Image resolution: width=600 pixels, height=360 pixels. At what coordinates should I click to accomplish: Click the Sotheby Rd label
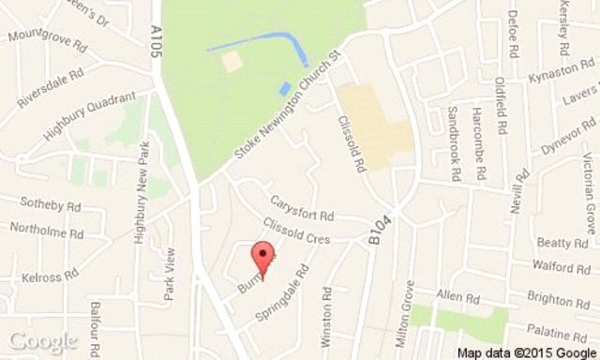(x=46, y=204)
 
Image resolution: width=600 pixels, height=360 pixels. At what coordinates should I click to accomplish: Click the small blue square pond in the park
(x=284, y=88)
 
